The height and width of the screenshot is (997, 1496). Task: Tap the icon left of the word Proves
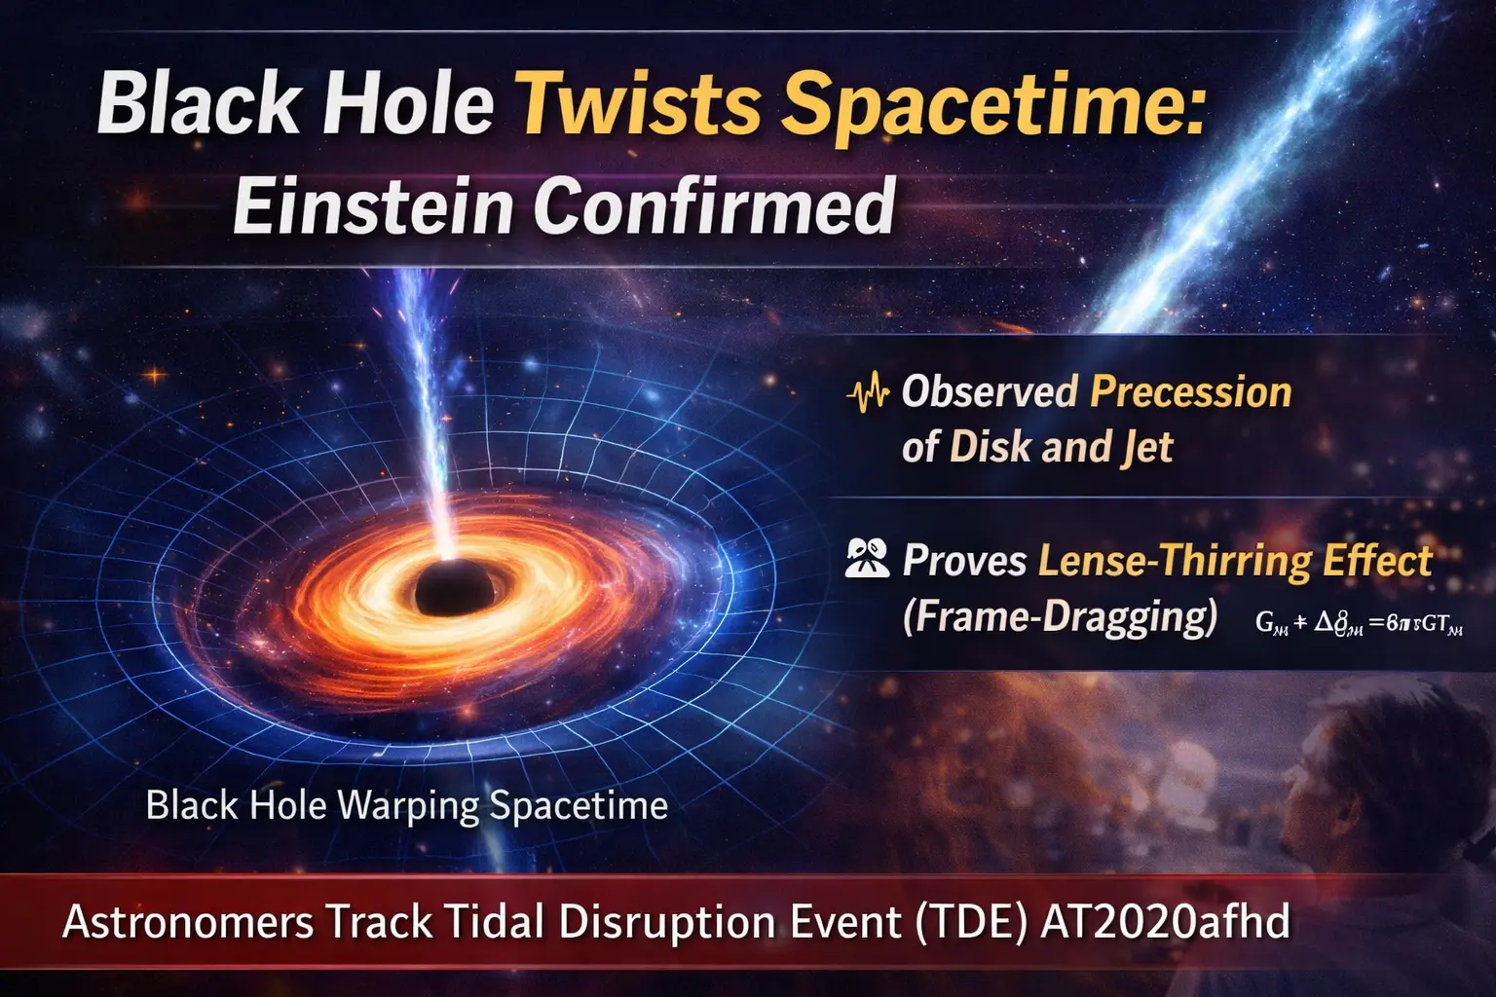click(x=866, y=560)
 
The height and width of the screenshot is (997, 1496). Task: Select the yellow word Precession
click(x=1190, y=391)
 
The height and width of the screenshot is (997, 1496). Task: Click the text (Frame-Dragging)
click(x=1059, y=617)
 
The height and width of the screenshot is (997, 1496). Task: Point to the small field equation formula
click(x=1359, y=623)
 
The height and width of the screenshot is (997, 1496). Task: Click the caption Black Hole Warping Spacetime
click(x=406, y=805)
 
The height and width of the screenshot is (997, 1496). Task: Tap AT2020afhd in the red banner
click(x=1165, y=921)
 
